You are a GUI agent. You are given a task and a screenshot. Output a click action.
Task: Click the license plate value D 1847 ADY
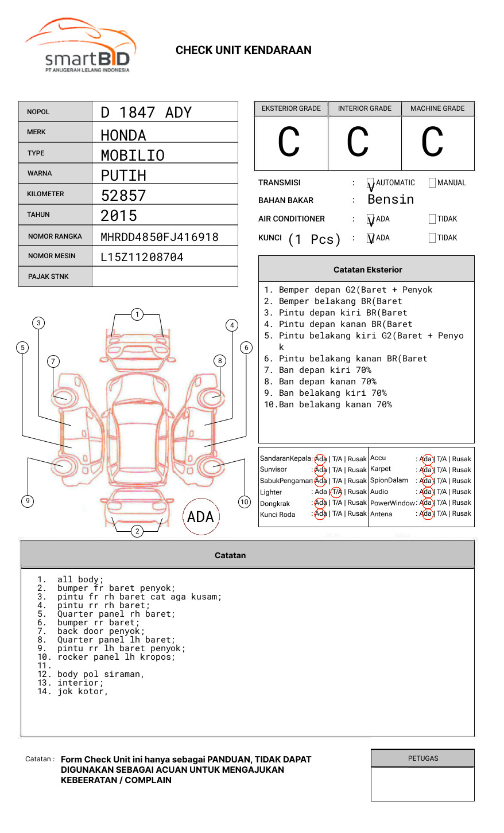[x=146, y=112]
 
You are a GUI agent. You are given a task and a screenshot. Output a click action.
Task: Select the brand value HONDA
[x=123, y=135]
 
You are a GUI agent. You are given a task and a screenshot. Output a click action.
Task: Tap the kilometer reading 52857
[x=123, y=196]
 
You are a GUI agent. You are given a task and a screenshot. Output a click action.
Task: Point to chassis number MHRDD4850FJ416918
[x=160, y=237]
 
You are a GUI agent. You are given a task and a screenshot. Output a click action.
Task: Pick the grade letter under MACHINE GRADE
[x=432, y=142]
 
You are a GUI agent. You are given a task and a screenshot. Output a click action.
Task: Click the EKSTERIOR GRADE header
[x=291, y=108]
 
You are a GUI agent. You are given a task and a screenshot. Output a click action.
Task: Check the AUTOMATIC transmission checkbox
[x=371, y=183]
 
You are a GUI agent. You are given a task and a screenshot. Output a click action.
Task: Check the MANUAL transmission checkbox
[x=432, y=183]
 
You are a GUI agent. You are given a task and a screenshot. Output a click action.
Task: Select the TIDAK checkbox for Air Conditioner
[x=432, y=219]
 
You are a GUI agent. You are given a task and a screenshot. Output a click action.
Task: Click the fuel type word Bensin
[x=390, y=200]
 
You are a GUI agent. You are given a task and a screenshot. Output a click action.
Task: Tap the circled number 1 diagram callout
[x=137, y=314]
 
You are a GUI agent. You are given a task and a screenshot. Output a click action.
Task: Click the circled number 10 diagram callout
[x=245, y=502]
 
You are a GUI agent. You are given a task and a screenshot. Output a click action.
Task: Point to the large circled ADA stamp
[x=200, y=517]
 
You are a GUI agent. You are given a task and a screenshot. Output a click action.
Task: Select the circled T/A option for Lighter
[x=337, y=492]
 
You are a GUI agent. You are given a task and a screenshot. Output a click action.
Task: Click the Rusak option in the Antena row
[x=462, y=514]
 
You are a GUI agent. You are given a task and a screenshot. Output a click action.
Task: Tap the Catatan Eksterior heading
[x=367, y=270]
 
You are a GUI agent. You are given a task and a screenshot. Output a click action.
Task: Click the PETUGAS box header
[x=422, y=758]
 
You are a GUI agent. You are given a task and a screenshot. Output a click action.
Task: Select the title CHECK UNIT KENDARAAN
[x=243, y=50]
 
